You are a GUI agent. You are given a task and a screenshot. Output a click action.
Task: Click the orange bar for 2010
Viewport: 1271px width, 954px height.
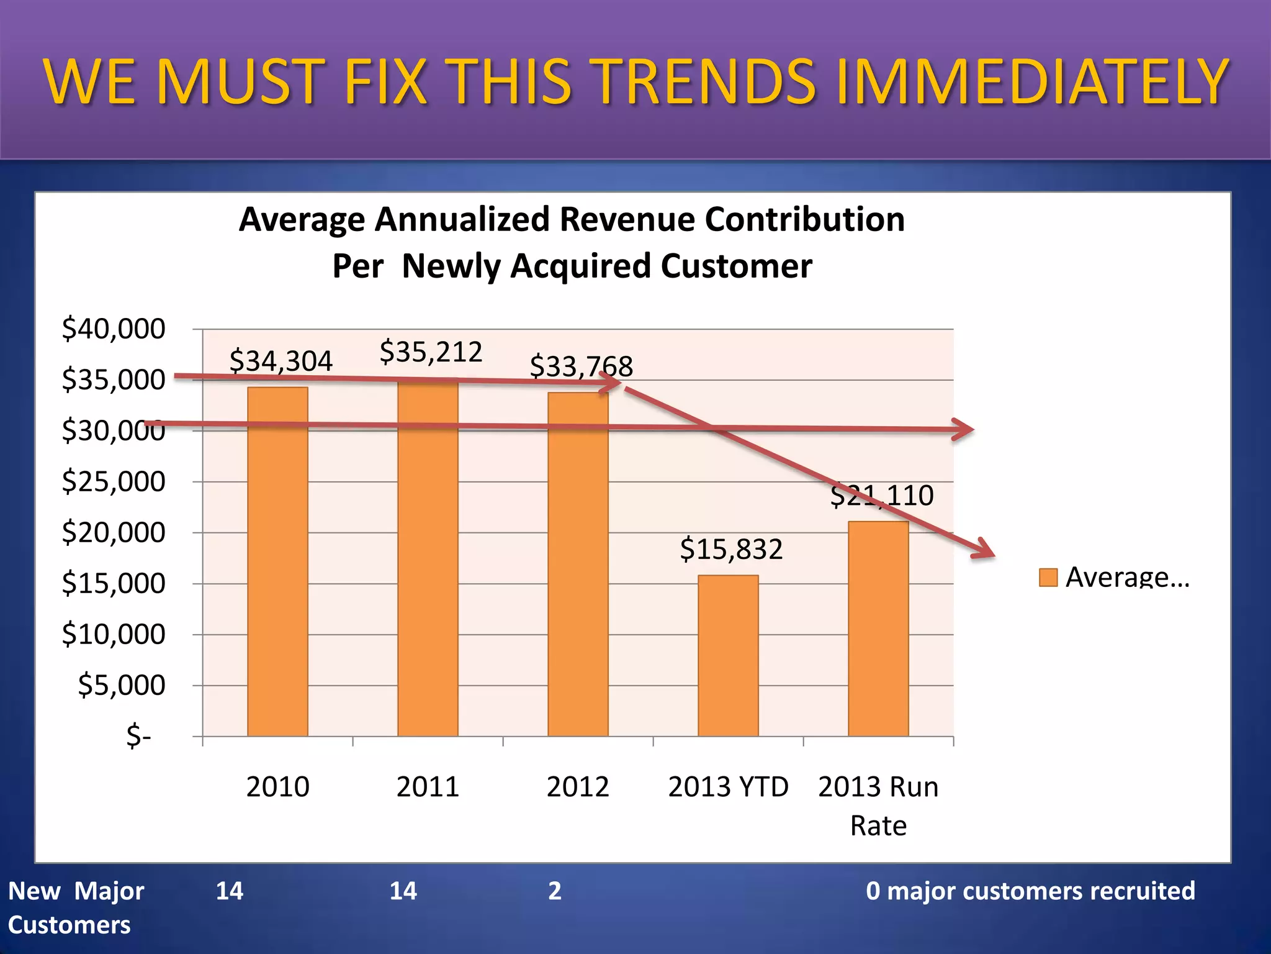pyautogui.click(x=277, y=562)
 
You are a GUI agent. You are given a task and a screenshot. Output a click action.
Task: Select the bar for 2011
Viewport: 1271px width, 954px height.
pyautogui.click(x=428, y=559)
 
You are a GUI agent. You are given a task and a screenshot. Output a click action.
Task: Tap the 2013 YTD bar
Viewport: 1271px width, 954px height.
pyautogui.click(x=728, y=656)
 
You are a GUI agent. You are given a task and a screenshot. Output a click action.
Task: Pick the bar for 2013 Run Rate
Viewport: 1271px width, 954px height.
pyautogui.click(x=878, y=629)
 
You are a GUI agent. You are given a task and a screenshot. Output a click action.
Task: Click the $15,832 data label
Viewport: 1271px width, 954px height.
pyautogui.click(x=731, y=549)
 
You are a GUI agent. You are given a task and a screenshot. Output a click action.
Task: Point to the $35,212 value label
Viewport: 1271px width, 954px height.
pyautogui.click(x=431, y=352)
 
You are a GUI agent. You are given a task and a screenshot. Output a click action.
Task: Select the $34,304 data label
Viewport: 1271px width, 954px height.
pyautogui.click(x=281, y=361)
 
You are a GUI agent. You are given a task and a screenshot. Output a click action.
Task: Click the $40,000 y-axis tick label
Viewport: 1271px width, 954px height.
pyautogui.click(x=114, y=329)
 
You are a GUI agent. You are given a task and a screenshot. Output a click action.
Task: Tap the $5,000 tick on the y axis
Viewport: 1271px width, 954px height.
pyautogui.click(x=122, y=685)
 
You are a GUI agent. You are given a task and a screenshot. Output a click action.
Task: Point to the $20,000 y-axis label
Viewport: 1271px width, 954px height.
pyautogui.click(x=114, y=532)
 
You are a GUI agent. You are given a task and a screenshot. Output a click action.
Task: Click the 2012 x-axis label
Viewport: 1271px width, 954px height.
pyautogui.click(x=578, y=787)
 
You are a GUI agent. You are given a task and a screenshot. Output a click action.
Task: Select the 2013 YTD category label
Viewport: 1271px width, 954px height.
pyautogui.click(x=728, y=787)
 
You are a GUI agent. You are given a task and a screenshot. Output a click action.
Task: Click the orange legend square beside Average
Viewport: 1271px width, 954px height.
pyautogui.click(x=1048, y=578)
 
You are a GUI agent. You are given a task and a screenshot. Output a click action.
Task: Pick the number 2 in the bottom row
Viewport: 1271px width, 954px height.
pyautogui.click(x=555, y=891)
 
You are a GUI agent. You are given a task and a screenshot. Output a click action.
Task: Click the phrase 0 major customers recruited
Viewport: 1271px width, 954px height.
pyautogui.click(x=1030, y=891)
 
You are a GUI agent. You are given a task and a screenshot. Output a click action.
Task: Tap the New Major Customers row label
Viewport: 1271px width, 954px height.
pyautogui.click(x=76, y=907)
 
